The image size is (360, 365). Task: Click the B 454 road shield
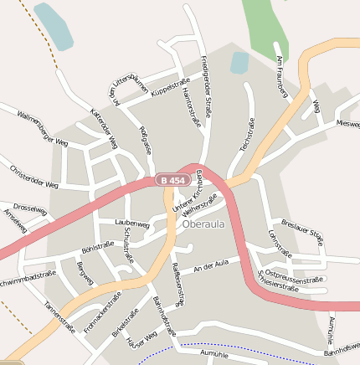pos(172,180)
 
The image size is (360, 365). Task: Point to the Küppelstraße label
pos(172,86)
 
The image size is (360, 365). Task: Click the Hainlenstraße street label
pos(191,108)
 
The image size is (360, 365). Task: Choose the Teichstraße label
pos(246,134)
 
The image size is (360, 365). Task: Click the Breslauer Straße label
pos(302,231)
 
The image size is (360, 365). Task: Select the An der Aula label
pos(210,267)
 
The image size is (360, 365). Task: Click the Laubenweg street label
pos(132,224)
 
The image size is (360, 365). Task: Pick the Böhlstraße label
pos(97,247)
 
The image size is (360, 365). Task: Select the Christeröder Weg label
pos(34,177)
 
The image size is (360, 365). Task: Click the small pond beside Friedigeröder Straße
pos(239,62)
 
